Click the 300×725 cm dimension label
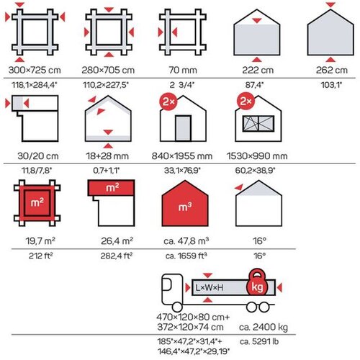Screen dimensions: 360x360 coord(35,70)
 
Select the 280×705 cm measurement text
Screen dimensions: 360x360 coord(108,70)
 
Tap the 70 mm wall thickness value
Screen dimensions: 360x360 coord(183,70)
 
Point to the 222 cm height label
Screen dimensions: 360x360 coord(258,70)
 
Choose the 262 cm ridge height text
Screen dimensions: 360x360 coord(332,70)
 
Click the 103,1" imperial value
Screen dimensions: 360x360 coord(331,85)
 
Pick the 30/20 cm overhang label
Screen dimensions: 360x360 coord(38,156)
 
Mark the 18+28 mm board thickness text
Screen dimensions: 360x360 coord(107,156)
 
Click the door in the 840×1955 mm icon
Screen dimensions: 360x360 coord(183,128)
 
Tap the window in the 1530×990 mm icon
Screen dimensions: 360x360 coord(258,124)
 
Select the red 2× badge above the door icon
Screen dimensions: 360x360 coord(168,102)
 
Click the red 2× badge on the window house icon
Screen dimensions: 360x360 coord(246,101)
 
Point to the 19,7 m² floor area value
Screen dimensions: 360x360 coord(40,240)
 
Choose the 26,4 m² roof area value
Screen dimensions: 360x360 coord(117,240)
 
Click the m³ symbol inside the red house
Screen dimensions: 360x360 coord(185,207)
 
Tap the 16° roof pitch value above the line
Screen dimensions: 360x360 coord(259,240)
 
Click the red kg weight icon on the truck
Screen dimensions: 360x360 coord(257,282)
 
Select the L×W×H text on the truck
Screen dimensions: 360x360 coord(210,287)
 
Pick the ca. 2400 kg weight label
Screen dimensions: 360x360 coord(264,327)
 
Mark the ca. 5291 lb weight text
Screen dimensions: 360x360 coord(259,341)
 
